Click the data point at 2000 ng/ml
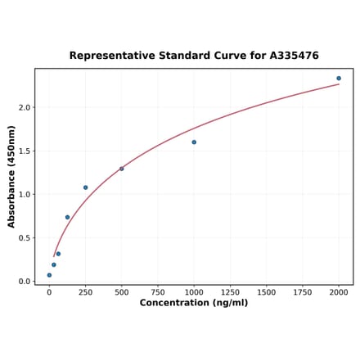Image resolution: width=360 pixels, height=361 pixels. (339, 79)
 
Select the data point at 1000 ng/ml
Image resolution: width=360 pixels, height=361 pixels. (194, 142)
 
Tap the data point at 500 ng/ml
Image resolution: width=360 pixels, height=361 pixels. (122, 169)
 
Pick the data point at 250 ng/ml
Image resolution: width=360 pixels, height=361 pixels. (85, 187)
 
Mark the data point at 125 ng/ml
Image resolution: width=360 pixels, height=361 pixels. (67, 218)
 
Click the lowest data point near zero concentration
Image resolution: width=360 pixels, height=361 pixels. (49, 275)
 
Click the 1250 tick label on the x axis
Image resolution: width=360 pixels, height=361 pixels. (230, 291)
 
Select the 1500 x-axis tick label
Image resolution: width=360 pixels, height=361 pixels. (266, 291)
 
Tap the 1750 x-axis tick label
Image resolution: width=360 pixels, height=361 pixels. (303, 291)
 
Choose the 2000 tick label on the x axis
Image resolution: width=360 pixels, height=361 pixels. (339, 291)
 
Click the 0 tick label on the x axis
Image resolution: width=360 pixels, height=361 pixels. (49, 291)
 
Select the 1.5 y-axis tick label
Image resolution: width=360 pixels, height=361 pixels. (25, 151)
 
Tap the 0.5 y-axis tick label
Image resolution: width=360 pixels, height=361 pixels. (25, 238)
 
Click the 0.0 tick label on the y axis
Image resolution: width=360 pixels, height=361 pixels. (25, 282)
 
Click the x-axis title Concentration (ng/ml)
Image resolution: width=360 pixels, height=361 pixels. (194, 303)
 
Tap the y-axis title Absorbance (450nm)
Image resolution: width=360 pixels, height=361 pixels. (11, 176)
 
